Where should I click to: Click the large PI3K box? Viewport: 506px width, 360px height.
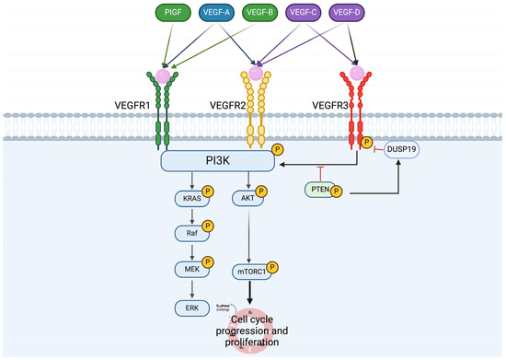tap(218, 162)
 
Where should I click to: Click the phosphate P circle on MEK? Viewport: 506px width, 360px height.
tap(208, 264)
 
